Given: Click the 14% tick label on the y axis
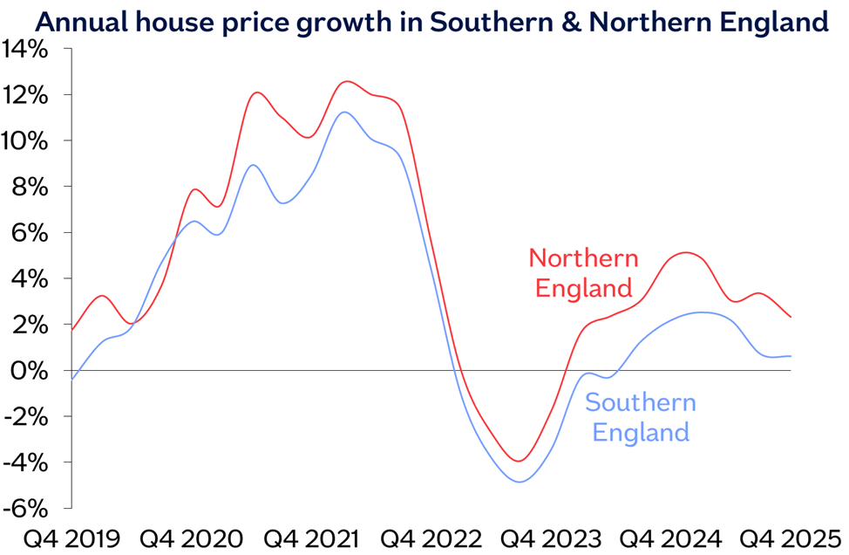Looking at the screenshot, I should (x=25, y=49).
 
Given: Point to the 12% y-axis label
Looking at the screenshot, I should (x=25, y=95).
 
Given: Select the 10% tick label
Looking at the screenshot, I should (x=25, y=141).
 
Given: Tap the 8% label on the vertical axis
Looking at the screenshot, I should (x=31, y=187).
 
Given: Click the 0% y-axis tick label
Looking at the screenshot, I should (x=31, y=371).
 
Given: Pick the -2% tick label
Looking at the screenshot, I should (x=26, y=416).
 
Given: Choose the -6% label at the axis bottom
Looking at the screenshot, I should (x=26, y=508).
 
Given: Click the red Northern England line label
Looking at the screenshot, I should (x=583, y=272).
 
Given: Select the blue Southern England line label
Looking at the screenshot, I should (x=640, y=416).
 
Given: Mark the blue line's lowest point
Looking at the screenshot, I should (x=520, y=482).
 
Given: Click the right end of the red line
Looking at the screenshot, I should (x=791, y=317).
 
